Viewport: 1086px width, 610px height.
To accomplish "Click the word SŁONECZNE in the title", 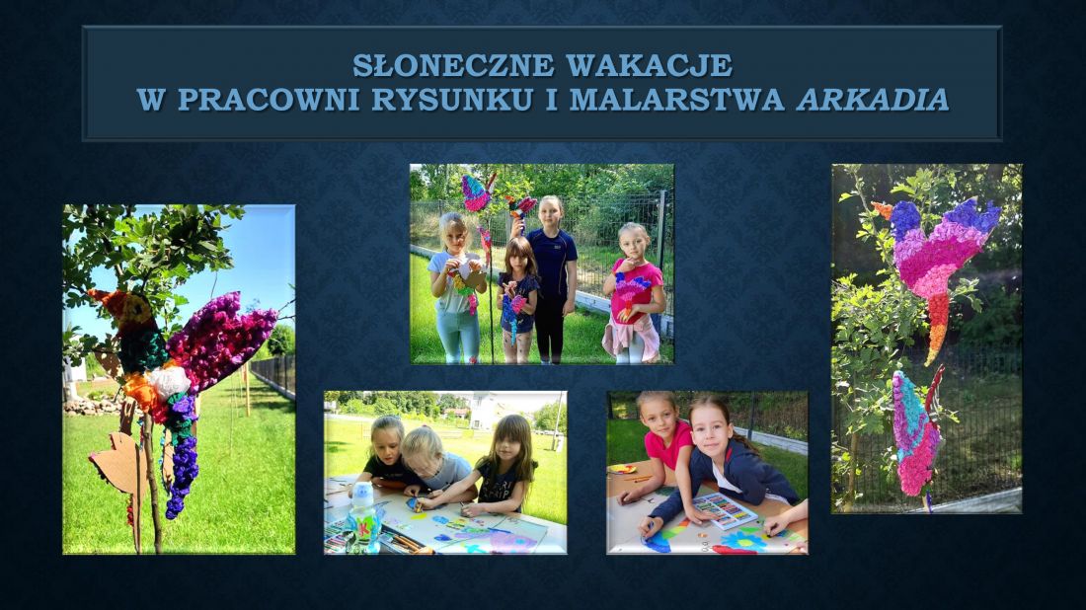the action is pos(453,66).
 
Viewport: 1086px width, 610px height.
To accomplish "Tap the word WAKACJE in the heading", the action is pos(649,66).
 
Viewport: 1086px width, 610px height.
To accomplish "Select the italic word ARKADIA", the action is pos(873,100).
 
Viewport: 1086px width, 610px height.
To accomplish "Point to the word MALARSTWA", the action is pos(676,100).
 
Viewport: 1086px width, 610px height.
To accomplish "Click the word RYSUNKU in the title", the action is pos(452,100).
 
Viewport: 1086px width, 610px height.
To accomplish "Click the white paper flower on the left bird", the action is pos(168,382).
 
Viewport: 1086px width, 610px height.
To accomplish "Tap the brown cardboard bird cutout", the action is pos(119,463).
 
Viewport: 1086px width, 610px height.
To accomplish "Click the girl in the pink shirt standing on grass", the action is pos(633,293).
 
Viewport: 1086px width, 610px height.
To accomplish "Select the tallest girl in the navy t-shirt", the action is pos(551,278).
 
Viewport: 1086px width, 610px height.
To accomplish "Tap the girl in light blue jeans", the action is pos(457,287).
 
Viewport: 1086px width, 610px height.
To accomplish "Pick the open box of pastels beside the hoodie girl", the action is pos(726,511).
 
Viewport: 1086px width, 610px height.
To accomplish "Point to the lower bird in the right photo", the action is pos(917,432).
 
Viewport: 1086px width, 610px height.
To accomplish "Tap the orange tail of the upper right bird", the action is pos(936,328).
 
